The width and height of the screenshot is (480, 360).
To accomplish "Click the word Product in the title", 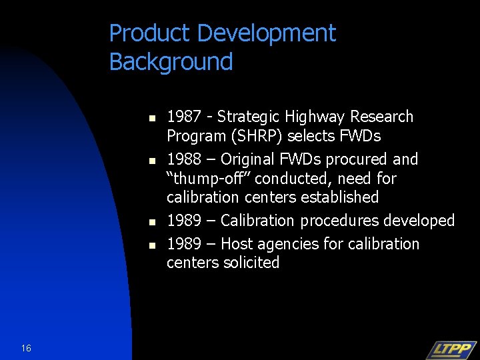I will point(141,33).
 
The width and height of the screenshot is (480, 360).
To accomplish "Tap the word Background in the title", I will point(171,62).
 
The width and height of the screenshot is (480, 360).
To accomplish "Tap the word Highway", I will point(316,117).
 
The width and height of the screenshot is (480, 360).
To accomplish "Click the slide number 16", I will point(26,348).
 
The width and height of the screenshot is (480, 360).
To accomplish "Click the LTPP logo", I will point(451,349).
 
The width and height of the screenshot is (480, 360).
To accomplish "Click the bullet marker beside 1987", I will point(151,119).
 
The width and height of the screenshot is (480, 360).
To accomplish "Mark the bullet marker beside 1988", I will point(151,161).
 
